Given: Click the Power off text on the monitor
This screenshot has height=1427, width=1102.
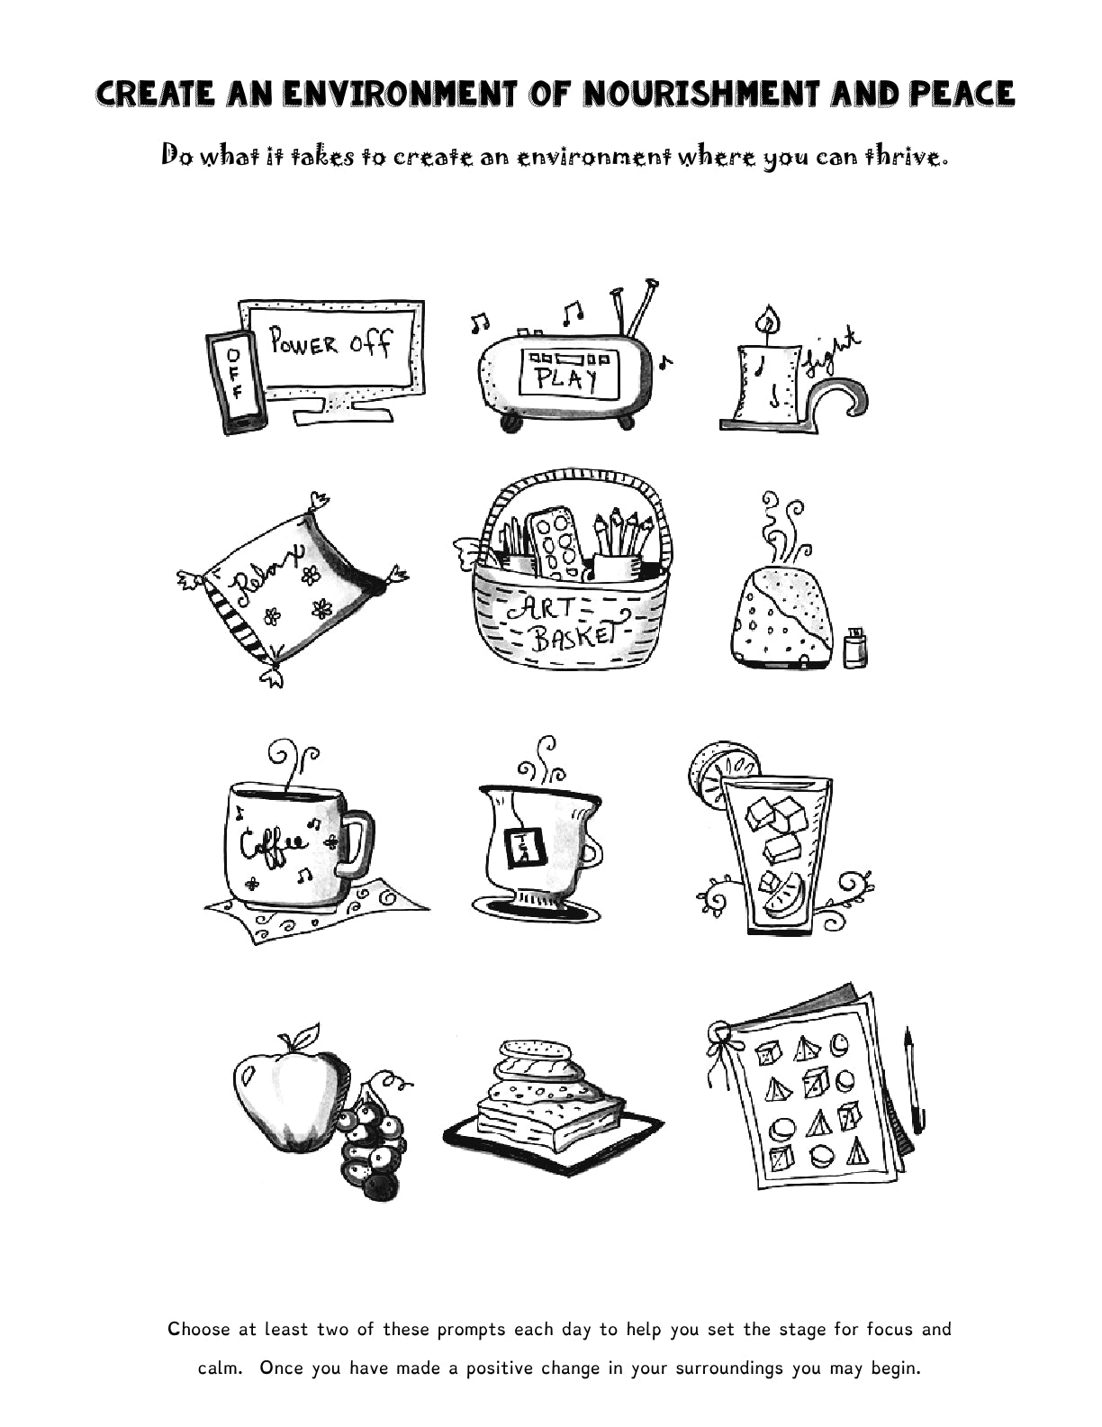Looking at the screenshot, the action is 330,343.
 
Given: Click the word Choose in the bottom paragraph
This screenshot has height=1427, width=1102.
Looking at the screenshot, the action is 199,1330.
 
